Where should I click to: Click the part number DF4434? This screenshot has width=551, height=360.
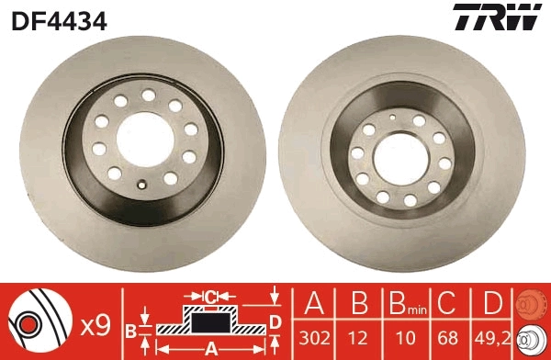pyautogui.click(x=60, y=19)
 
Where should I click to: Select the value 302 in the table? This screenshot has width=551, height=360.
pyautogui.click(x=315, y=338)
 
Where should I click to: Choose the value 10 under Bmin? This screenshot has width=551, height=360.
pyautogui.click(x=400, y=338)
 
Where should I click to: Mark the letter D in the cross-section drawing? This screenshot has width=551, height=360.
pyautogui.click(x=275, y=321)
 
